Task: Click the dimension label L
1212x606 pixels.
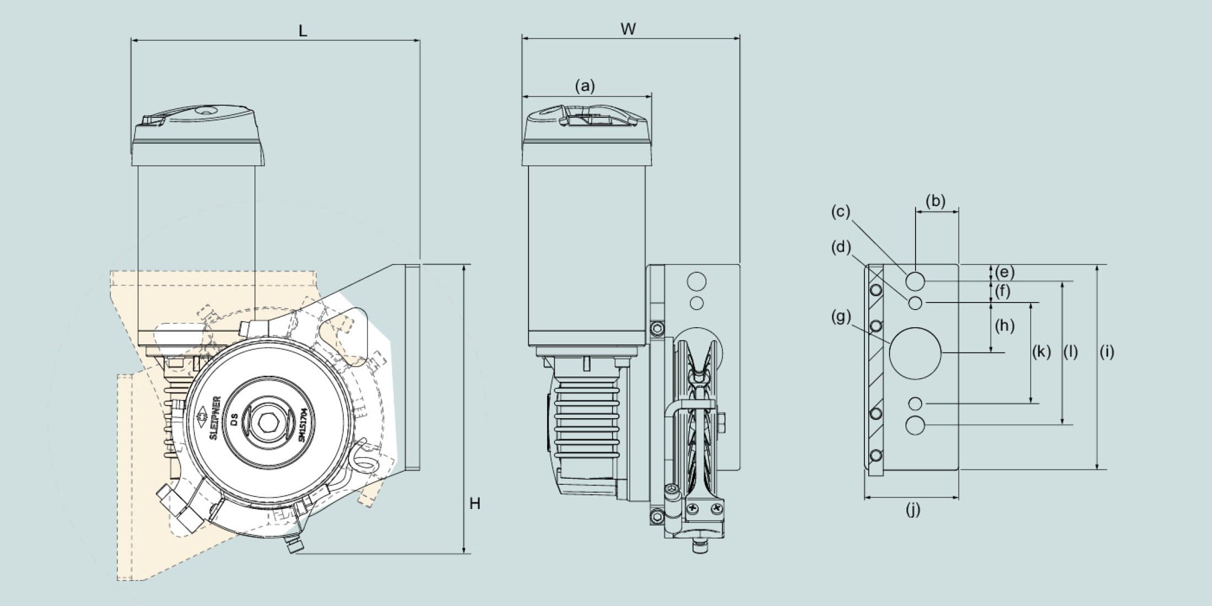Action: coord(302,31)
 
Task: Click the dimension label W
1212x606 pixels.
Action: coord(628,29)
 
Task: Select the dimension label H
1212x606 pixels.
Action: coord(475,504)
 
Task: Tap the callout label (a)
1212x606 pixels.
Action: coord(585,86)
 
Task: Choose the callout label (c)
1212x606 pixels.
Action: coord(841,212)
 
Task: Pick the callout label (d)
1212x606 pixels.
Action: coord(841,247)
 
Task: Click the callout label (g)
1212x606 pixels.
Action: coord(841,317)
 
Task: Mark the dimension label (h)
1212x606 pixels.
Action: coord(1005,326)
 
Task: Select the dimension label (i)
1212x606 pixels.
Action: coord(1107,351)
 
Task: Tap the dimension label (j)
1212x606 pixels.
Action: coord(913,510)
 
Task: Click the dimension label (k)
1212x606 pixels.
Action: coord(1041,351)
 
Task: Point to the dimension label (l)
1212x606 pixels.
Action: coord(1070,351)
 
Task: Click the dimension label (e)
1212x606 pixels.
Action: coord(1005,272)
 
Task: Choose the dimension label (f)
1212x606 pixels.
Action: coord(1003,291)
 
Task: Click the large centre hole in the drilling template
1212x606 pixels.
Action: coord(915,353)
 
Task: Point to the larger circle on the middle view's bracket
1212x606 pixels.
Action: coord(696,281)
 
